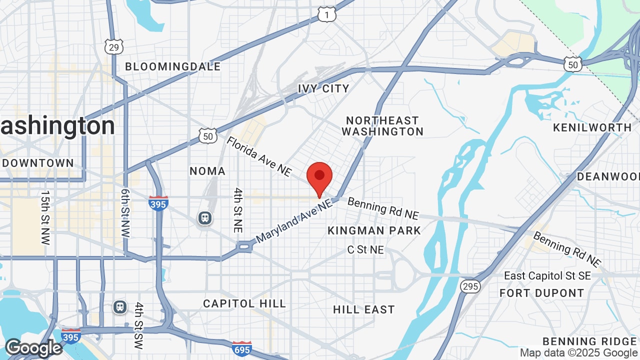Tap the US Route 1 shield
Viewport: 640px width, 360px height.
(326, 15)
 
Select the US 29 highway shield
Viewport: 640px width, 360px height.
(113, 46)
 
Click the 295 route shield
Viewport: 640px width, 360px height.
(470, 286)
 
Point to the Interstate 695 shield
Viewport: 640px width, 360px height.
(241, 348)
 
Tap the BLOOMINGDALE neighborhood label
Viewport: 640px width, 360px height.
(172, 66)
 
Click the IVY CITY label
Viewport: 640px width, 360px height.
(323, 88)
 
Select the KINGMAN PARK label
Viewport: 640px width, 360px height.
(374, 230)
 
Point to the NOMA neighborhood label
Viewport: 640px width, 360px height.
(207, 171)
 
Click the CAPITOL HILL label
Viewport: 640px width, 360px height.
(244, 303)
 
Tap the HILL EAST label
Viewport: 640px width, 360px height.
(364, 309)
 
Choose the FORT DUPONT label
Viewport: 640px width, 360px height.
(542, 293)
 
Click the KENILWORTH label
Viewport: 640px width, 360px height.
(592, 127)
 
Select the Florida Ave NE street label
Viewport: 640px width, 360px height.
(259, 156)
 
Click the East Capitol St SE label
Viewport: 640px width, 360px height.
(547, 276)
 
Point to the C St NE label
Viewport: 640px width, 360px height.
(366, 249)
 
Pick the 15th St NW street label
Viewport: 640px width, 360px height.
(45, 217)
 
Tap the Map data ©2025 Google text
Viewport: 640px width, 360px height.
(579, 353)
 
